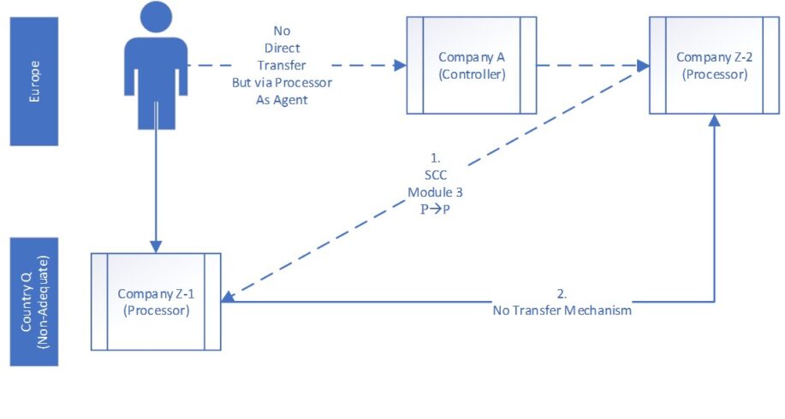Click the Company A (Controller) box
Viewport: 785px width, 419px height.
(x=472, y=66)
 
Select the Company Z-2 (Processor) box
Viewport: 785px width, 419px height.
(x=711, y=66)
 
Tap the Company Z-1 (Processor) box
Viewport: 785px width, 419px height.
(x=155, y=301)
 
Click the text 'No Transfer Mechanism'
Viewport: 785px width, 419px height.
(x=562, y=311)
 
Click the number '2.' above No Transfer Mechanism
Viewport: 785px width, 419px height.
(x=562, y=295)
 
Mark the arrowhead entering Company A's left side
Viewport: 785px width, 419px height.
(x=400, y=65)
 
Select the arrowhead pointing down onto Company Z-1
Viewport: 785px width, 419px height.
(x=156, y=246)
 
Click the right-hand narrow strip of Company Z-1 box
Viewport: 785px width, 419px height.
(x=212, y=301)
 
